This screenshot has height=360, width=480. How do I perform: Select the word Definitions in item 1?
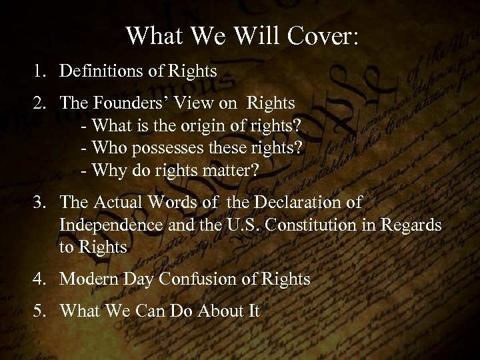[x=100, y=71]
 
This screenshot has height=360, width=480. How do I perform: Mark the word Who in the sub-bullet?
[x=105, y=149]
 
